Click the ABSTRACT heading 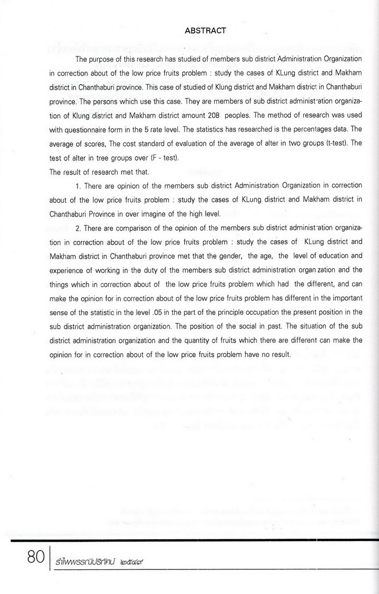205,31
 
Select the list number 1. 78,186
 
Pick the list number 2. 78,228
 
